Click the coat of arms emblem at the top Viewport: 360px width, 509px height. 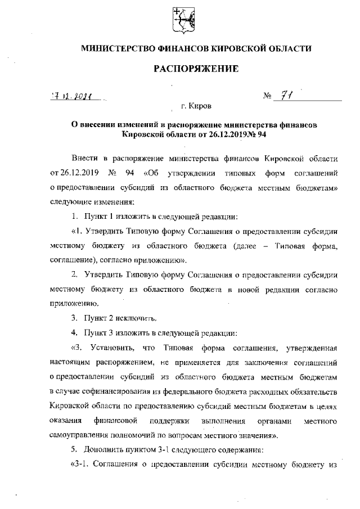[x=180, y=21]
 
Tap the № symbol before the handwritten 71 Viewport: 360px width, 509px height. [x=267, y=96]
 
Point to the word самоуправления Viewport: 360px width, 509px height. [x=82, y=435]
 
